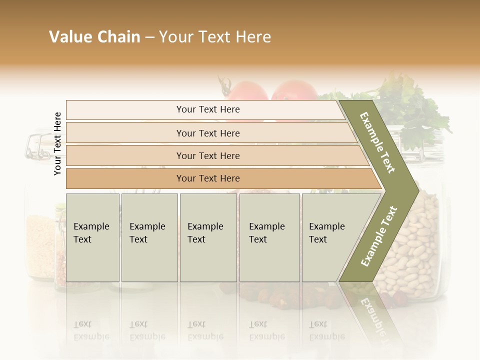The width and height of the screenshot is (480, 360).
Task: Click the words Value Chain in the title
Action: [x=94, y=37]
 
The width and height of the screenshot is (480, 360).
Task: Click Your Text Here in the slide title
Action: [x=215, y=37]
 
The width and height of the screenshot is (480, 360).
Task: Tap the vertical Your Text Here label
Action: [x=57, y=143]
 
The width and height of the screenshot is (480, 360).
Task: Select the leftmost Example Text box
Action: [x=92, y=237]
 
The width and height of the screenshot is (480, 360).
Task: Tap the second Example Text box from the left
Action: [x=149, y=237]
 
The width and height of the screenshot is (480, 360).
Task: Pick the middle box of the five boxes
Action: [x=208, y=237]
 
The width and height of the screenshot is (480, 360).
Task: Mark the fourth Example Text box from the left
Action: [x=269, y=237]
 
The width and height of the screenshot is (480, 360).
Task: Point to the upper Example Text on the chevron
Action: [x=377, y=142]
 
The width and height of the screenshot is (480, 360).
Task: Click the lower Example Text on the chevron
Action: [x=378, y=236]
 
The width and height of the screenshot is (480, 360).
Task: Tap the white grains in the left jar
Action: [x=40, y=245]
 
